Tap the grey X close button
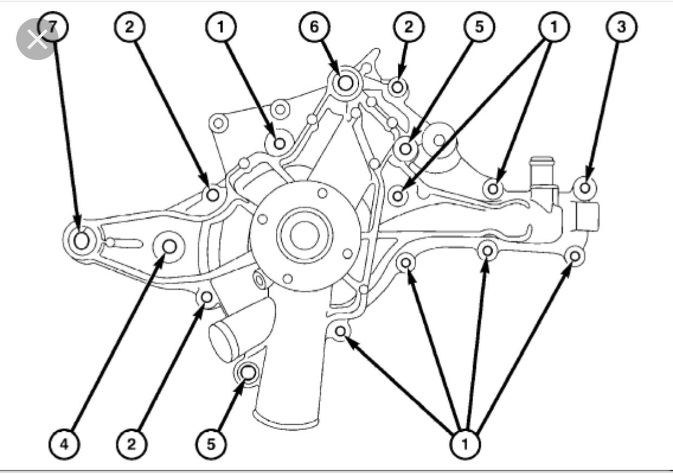37,38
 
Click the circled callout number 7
52,27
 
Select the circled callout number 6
315,27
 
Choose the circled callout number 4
64,445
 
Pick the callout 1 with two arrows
553,27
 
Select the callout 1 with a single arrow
221,27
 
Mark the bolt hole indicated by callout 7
81,240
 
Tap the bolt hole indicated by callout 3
585,187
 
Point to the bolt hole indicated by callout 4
169,247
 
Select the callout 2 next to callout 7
129,27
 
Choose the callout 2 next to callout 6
408,27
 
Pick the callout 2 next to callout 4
130,445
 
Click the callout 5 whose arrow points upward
211,445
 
